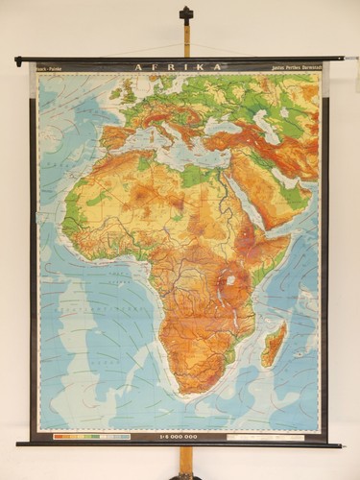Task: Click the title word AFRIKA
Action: click(180, 67)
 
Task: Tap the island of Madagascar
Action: click(274, 344)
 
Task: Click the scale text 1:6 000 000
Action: click(180, 437)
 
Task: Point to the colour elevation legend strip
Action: click(92, 437)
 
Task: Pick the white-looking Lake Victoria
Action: click(230, 280)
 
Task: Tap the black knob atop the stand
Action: click(186, 13)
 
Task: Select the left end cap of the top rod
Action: click(18, 60)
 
